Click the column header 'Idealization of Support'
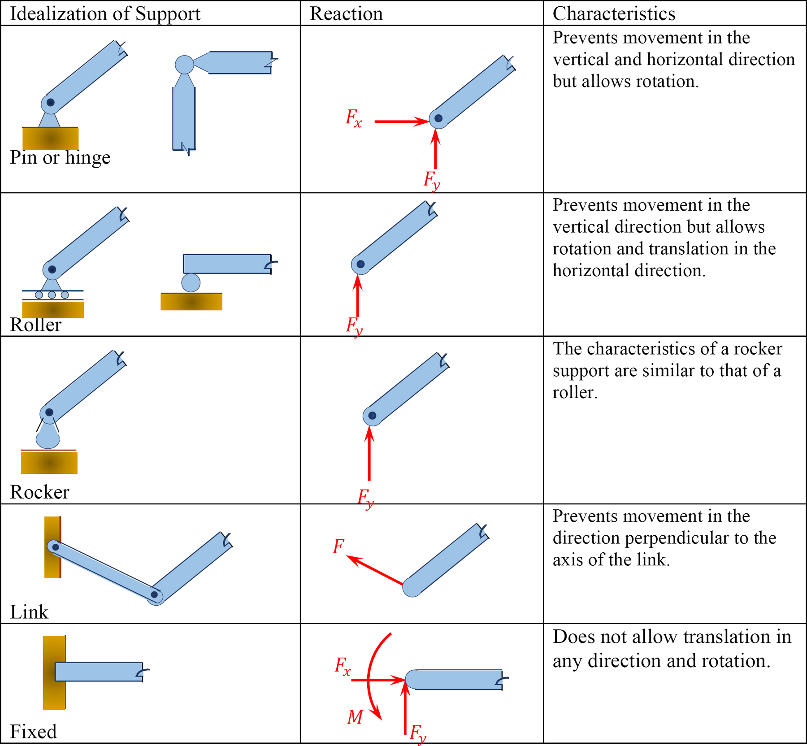click(x=105, y=13)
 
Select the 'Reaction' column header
click(x=346, y=13)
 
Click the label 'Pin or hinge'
click(x=60, y=157)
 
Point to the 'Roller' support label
click(x=35, y=325)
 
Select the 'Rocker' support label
click(x=39, y=492)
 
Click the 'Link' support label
click(x=29, y=612)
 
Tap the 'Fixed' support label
click(x=33, y=732)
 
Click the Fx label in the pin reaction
click(x=353, y=118)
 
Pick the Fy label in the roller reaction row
click(x=354, y=325)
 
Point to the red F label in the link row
click(x=338, y=546)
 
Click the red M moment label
click(x=355, y=717)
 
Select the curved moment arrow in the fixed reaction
click(x=370, y=672)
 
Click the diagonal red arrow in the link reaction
click(x=375, y=570)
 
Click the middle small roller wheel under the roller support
click(x=52, y=295)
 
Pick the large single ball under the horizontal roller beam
click(x=191, y=283)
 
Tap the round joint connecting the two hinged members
click(x=184, y=65)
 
